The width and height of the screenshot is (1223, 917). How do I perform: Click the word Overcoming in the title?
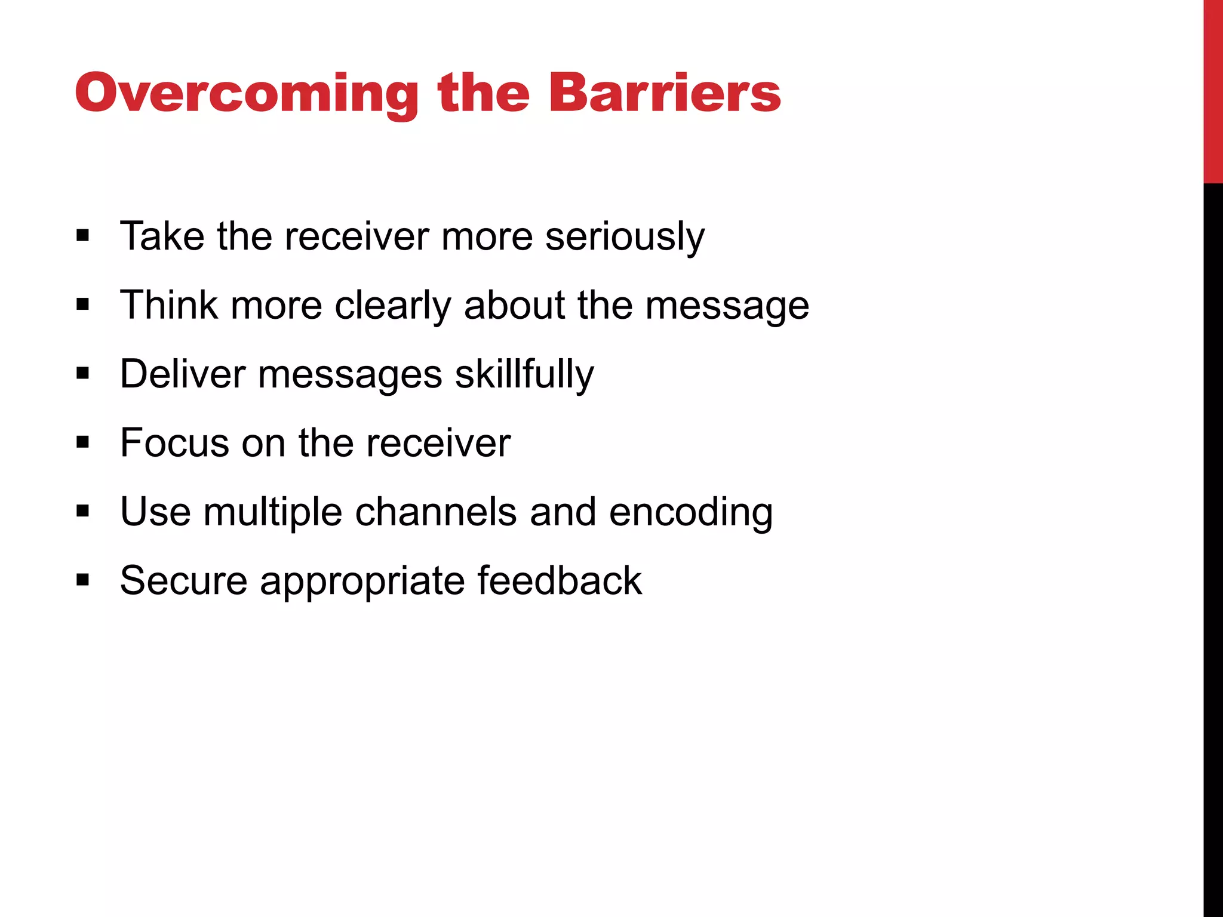[x=247, y=94]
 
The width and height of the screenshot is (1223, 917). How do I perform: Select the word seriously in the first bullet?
[x=625, y=237]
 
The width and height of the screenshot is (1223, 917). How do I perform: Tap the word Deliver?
[x=183, y=374]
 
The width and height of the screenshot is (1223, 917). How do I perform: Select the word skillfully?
[x=524, y=376]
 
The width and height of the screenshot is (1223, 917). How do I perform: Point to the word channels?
[x=436, y=512]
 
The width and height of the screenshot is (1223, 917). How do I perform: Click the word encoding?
[x=691, y=513]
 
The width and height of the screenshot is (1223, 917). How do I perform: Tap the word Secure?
[x=183, y=581]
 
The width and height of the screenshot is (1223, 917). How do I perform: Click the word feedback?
[x=560, y=580]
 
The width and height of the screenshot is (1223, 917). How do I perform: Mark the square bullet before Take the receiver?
[x=83, y=236]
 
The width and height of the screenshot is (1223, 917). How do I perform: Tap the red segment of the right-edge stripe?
[x=1213, y=90]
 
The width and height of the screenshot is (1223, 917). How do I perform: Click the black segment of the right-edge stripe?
[x=1213, y=537]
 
